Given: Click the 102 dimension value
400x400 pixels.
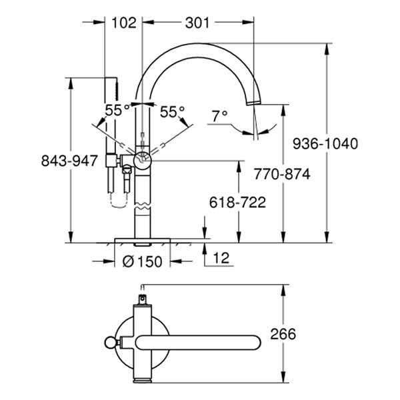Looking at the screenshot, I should tap(123, 23).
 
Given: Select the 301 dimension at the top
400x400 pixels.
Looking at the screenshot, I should tap(197, 23).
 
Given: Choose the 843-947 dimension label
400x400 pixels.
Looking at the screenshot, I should tap(70, 161).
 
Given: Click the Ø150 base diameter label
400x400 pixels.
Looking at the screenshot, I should tap(143, 262).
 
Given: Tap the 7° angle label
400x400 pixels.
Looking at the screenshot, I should tap(219, 115).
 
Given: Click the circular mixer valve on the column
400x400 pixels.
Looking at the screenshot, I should tap(143, 159).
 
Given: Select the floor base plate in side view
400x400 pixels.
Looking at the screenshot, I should tap(143, 239).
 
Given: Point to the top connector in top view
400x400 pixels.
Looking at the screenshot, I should tap(142, 294).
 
